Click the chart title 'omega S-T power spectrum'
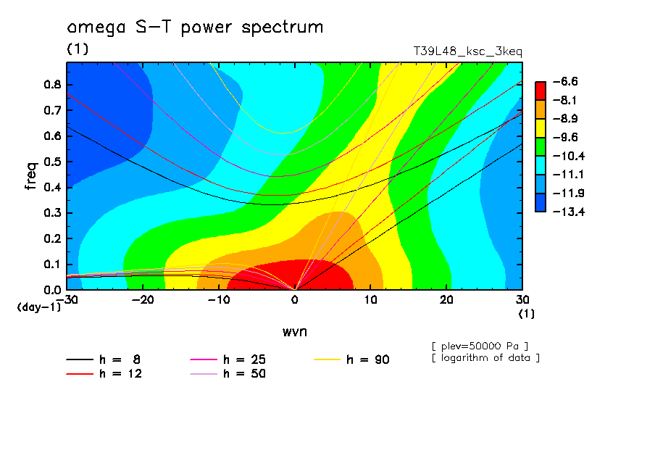click(x=195, y=28)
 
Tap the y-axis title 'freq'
click(x=31, y=176)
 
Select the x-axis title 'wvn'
click(x=294, y=331)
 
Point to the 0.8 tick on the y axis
click(x=51, y=84)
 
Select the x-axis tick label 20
click(x=446, y=300)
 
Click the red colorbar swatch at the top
click(x=540, y=91)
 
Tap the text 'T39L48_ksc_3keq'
click(x=467, y=52)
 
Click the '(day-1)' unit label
click(x=38, y=307)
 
